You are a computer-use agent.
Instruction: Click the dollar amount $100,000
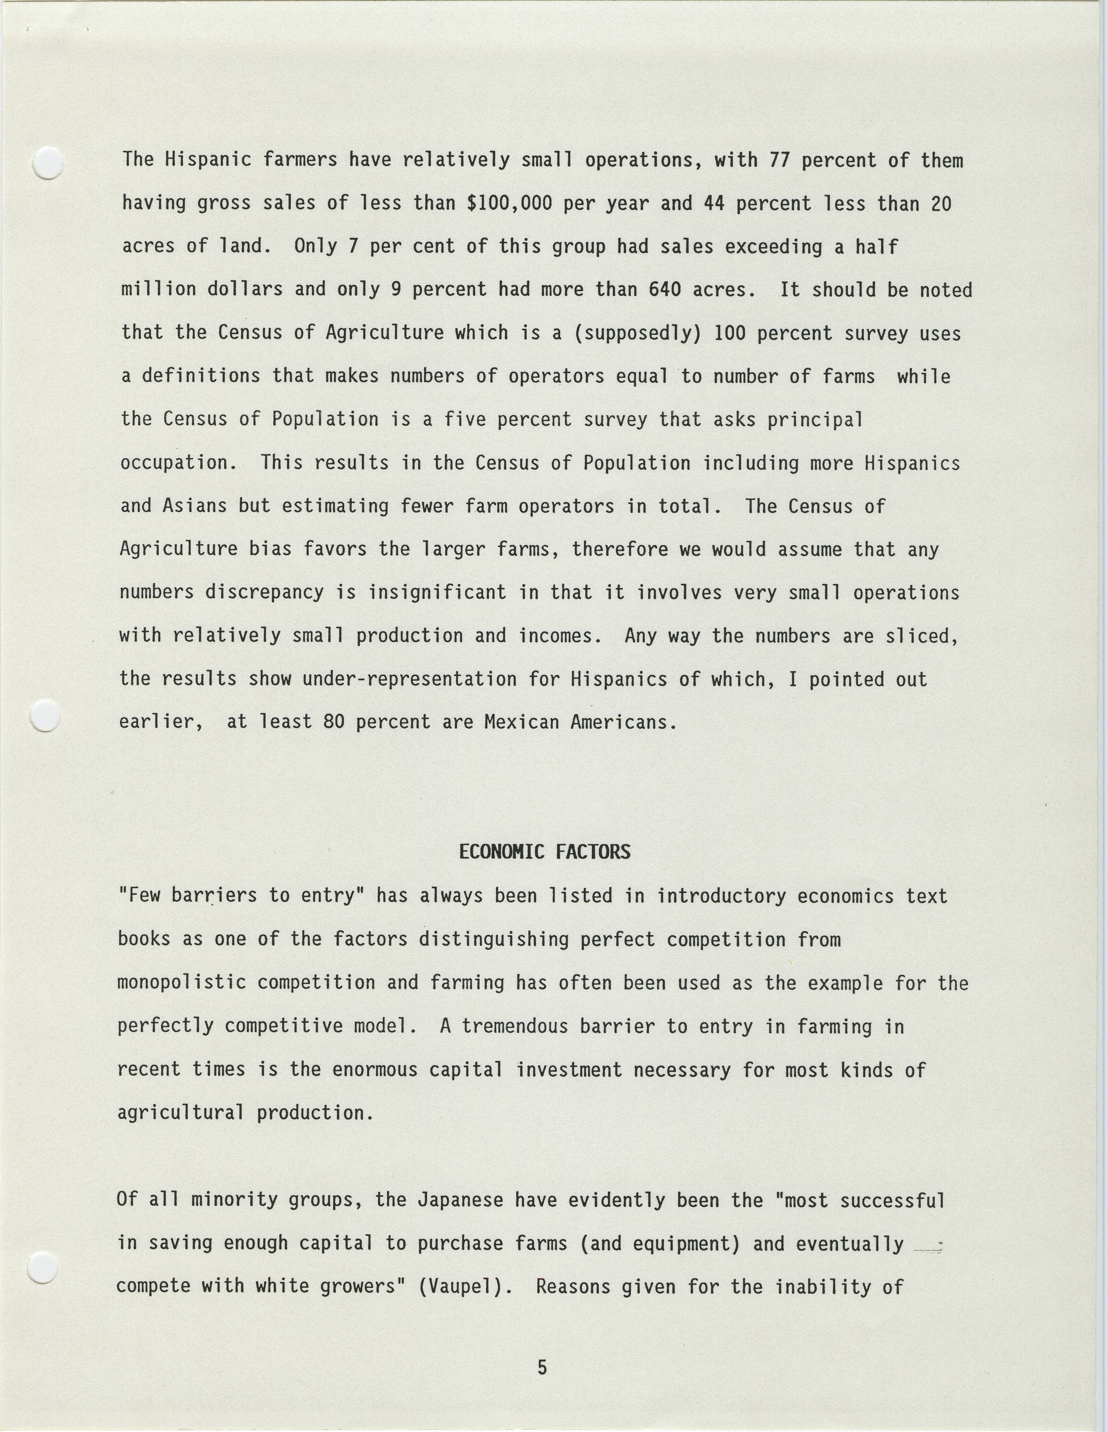pyautogui.click(x=509, y=203)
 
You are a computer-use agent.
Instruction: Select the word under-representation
pyautogui.click(x=409, y=679)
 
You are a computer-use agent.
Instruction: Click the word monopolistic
pyautogui.click(x=182, y=983)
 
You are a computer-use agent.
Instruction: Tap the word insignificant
pyautogui.click(x=437, y=592)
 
